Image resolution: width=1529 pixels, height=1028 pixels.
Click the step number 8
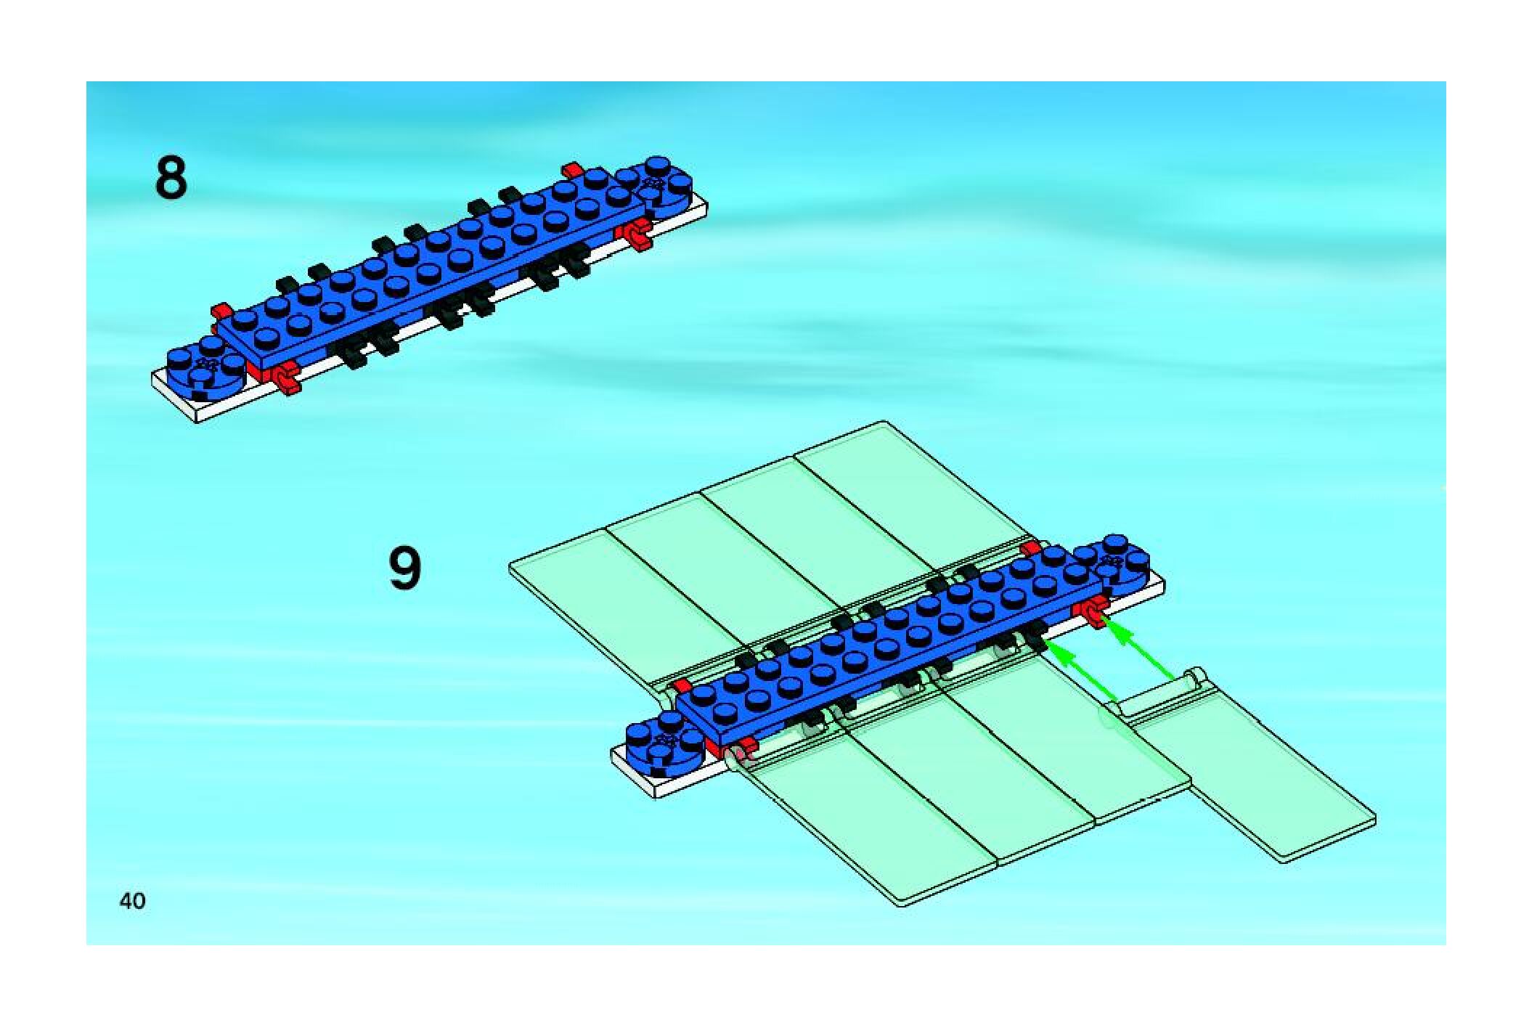pos(171,179)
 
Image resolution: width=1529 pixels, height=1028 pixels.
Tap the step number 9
pos(404,569)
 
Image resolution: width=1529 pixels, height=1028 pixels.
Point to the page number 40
pos(132,901)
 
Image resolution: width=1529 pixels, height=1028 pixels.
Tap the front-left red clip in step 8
pos(286,378)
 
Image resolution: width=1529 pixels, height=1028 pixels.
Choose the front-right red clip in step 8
pos(636,234)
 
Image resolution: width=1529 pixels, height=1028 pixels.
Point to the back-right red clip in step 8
pos(573,170)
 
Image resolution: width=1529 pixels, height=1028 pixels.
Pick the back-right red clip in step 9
pos(1029,548)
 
